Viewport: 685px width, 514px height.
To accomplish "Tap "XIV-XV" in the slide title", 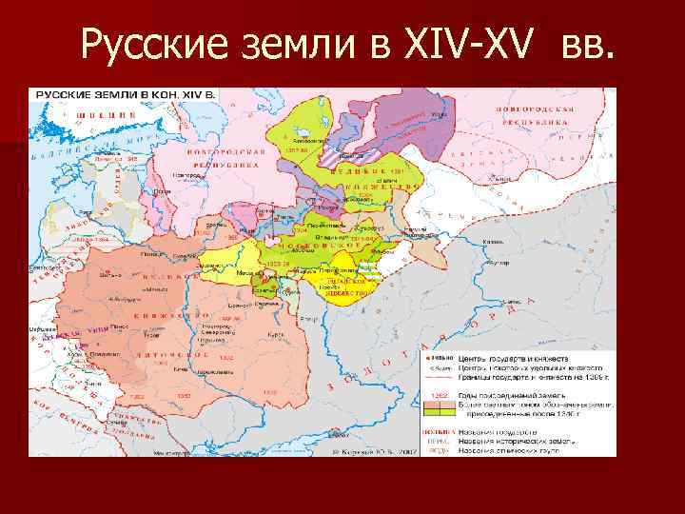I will click(456, 42).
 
